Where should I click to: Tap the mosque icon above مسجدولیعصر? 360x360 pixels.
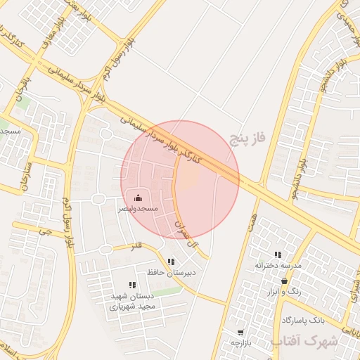[x=138, y=198]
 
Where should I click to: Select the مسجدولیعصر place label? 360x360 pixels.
[x=139, y=209]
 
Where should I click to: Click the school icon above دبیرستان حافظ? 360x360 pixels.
[x=171, y=262]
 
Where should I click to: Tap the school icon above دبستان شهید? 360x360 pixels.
[x=132, y=285]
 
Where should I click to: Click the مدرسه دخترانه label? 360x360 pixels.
[x=278, y=265]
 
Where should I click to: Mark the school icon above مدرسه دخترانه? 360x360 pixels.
[x=278, y=255]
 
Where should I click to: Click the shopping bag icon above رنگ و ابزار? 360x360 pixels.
[x=283, y=281]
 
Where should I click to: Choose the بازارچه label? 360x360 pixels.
[x=241, y=342]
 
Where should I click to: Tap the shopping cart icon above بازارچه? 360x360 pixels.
[x=241, y=332]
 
